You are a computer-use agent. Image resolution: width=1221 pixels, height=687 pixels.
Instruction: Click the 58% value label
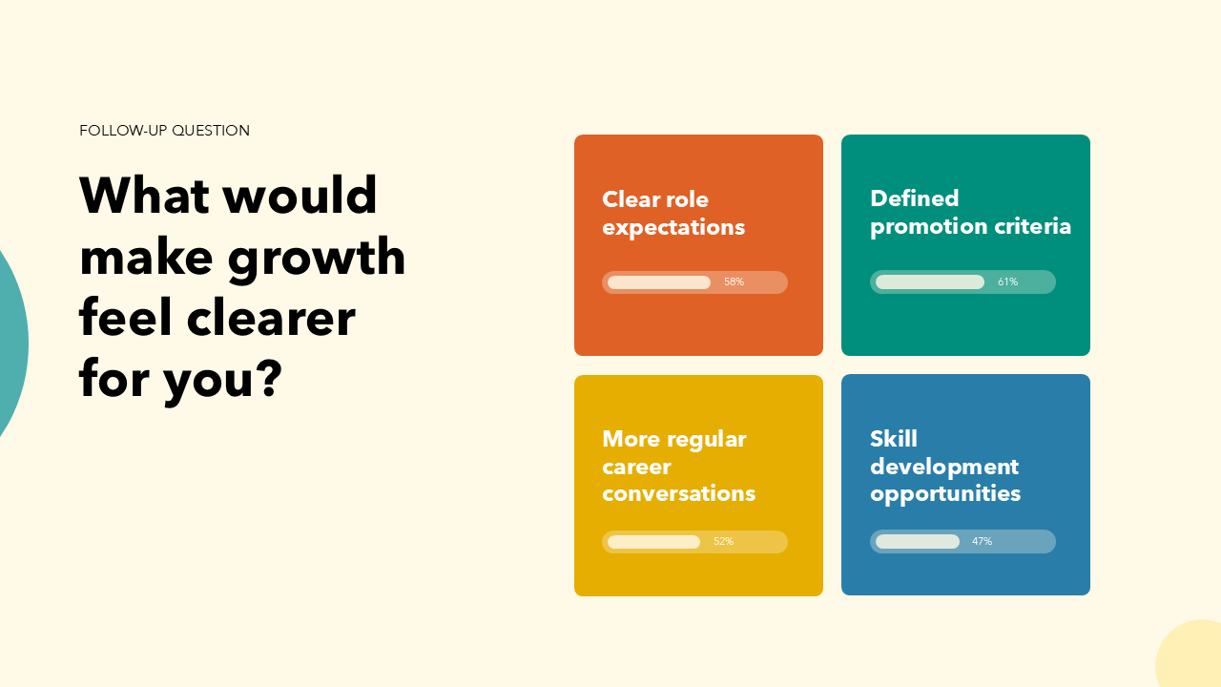coord(734,282)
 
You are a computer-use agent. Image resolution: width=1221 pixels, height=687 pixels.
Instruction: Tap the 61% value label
coord(1007,282)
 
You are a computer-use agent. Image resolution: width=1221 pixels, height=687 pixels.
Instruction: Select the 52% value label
coord(723,542)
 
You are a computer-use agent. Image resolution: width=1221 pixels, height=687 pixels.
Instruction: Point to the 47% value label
coord(982,542)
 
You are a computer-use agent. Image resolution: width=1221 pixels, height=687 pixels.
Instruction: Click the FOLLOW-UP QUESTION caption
coord(164,131)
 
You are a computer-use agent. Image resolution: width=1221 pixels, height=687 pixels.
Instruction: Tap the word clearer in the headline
coord(271,318)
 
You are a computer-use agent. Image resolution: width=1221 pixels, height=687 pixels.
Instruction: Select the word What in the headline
coord(144,196)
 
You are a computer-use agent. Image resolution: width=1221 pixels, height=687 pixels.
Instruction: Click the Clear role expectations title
coord(673,214)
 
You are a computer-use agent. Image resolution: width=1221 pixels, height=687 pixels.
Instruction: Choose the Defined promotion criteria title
coord(970,213)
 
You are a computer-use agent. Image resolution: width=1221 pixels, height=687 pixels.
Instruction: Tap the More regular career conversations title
coord(678,467)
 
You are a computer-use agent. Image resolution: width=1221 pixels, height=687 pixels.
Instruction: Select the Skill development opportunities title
coord(945,467)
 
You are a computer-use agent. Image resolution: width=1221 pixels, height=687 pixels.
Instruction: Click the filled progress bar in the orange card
coord(659,282)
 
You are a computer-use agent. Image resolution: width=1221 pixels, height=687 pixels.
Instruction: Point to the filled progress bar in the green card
coord(930,282)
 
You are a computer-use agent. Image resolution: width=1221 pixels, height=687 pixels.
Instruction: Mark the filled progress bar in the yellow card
coord(653,542)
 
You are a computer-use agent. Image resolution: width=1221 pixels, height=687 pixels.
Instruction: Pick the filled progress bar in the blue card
coord(918,542)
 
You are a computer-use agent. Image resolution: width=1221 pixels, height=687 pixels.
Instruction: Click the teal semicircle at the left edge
coord(11,343)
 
